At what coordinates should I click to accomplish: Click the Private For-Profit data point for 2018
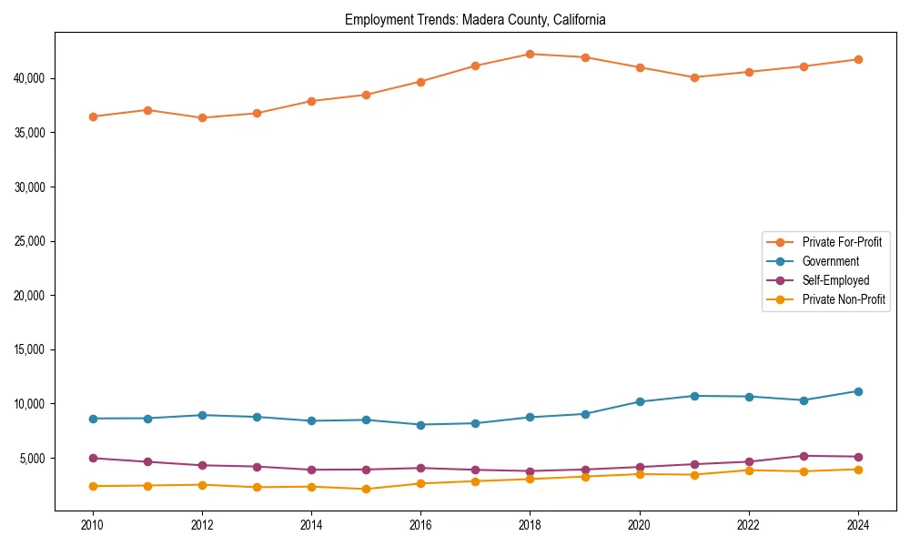pyautogui.click(x=530, y=54)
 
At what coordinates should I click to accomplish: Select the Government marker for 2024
pyautogui.click(x=858, y=391)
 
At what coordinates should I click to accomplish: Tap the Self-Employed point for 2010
pyautogui.click(x=93, y=459)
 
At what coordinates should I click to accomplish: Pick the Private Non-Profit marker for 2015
pyautogui.click(x=366, y=489)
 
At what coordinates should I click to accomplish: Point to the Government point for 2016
pyautogui.click(x=420, y=425)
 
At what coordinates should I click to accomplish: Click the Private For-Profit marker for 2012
pyautogui.click(x=202, y=117)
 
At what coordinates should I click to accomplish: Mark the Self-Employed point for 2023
pyautogui.click(x=804, y=456)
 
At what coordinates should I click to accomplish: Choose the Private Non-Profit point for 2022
pyautogui.click(x=749, y=470)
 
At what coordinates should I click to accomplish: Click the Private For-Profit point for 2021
pyautogui.click(x=694, y=77)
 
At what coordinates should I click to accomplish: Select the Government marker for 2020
pyautogui.click(x=640, y=401)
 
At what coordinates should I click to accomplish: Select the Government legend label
pyautogui.click(x=830, y=261)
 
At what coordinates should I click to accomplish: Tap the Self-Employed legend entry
pyautogui.click(x=835, y=280)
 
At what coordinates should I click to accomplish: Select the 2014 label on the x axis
pyautogui.click(x=311, y=525)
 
